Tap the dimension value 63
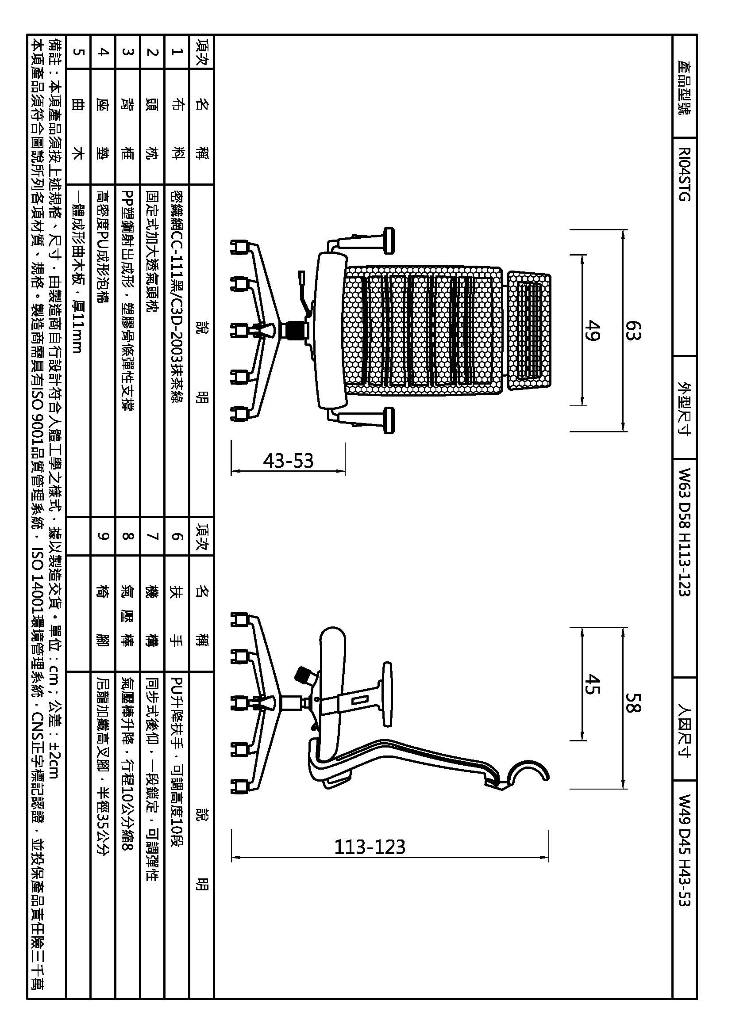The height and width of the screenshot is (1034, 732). pyautogui.click(x=632, y=331)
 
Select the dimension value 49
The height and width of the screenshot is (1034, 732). pyautogui.click(x=592, y=330)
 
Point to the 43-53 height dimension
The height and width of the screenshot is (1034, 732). pyautogui.click(x=288, y=461)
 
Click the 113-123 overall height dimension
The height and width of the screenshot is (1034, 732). pyautogui.click(x=370, y=847)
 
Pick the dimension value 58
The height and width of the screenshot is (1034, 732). pyautogui.click(x=632, y=702)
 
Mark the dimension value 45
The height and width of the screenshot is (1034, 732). pyautogui.click(x=592, y=684)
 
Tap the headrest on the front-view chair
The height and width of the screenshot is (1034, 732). pyautogui.click(x=529, y=331)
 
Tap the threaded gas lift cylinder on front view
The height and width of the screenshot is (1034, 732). pyautogui.click(x=293, y=330)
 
